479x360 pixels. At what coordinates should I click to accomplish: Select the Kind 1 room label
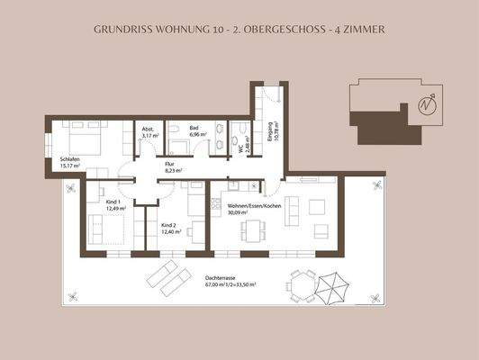pyautogui.click(x=113, y=204)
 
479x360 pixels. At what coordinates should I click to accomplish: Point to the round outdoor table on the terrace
pyautogui.click(x=303, y=286)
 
